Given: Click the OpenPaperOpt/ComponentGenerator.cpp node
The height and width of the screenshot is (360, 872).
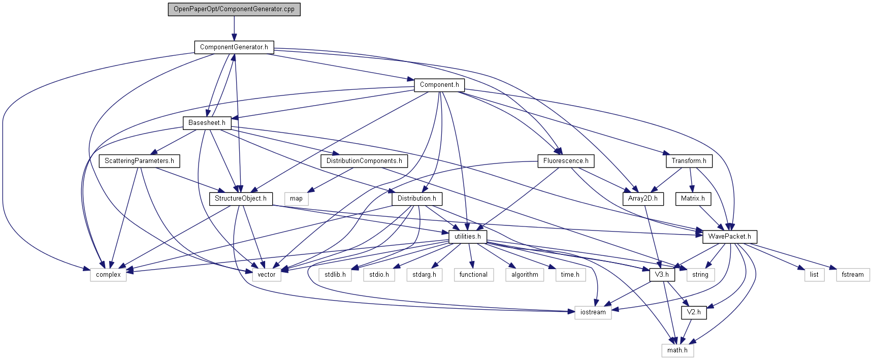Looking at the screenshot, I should pos(234,9).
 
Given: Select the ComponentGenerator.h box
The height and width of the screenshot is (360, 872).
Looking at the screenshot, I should pos(234,47).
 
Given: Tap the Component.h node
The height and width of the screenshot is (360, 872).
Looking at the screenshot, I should pos(439,85).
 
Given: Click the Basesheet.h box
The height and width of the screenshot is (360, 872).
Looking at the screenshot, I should pos(207,123).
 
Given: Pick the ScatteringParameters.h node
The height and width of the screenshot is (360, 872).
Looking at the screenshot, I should pos(139,161).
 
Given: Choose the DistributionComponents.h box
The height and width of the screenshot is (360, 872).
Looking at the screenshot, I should pos(364,161).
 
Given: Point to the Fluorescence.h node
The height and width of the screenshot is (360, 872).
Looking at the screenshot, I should pos(566,161).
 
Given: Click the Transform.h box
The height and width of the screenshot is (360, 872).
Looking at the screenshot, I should pos(689,161).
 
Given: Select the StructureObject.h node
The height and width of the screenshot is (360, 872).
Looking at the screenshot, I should pos(241,199).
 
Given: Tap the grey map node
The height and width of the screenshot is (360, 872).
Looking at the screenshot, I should pos(296,199).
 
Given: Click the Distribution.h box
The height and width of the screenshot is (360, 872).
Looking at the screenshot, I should pos(416,199).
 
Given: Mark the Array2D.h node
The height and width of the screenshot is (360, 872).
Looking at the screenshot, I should pos(642,199).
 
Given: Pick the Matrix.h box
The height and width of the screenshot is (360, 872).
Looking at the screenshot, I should pos(693,199).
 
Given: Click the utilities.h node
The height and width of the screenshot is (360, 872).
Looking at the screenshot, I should pos(467,237).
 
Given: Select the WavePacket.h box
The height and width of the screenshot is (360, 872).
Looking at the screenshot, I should pos(729,237).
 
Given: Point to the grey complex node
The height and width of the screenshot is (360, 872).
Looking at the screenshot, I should pos(108,275).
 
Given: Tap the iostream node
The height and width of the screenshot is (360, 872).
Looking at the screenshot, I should pos(593,312).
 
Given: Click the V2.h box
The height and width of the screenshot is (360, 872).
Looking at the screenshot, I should pos(694,312).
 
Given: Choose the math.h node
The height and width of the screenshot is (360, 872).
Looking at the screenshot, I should pos(677,350).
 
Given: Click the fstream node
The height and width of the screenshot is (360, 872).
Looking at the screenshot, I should pos(852,275).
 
